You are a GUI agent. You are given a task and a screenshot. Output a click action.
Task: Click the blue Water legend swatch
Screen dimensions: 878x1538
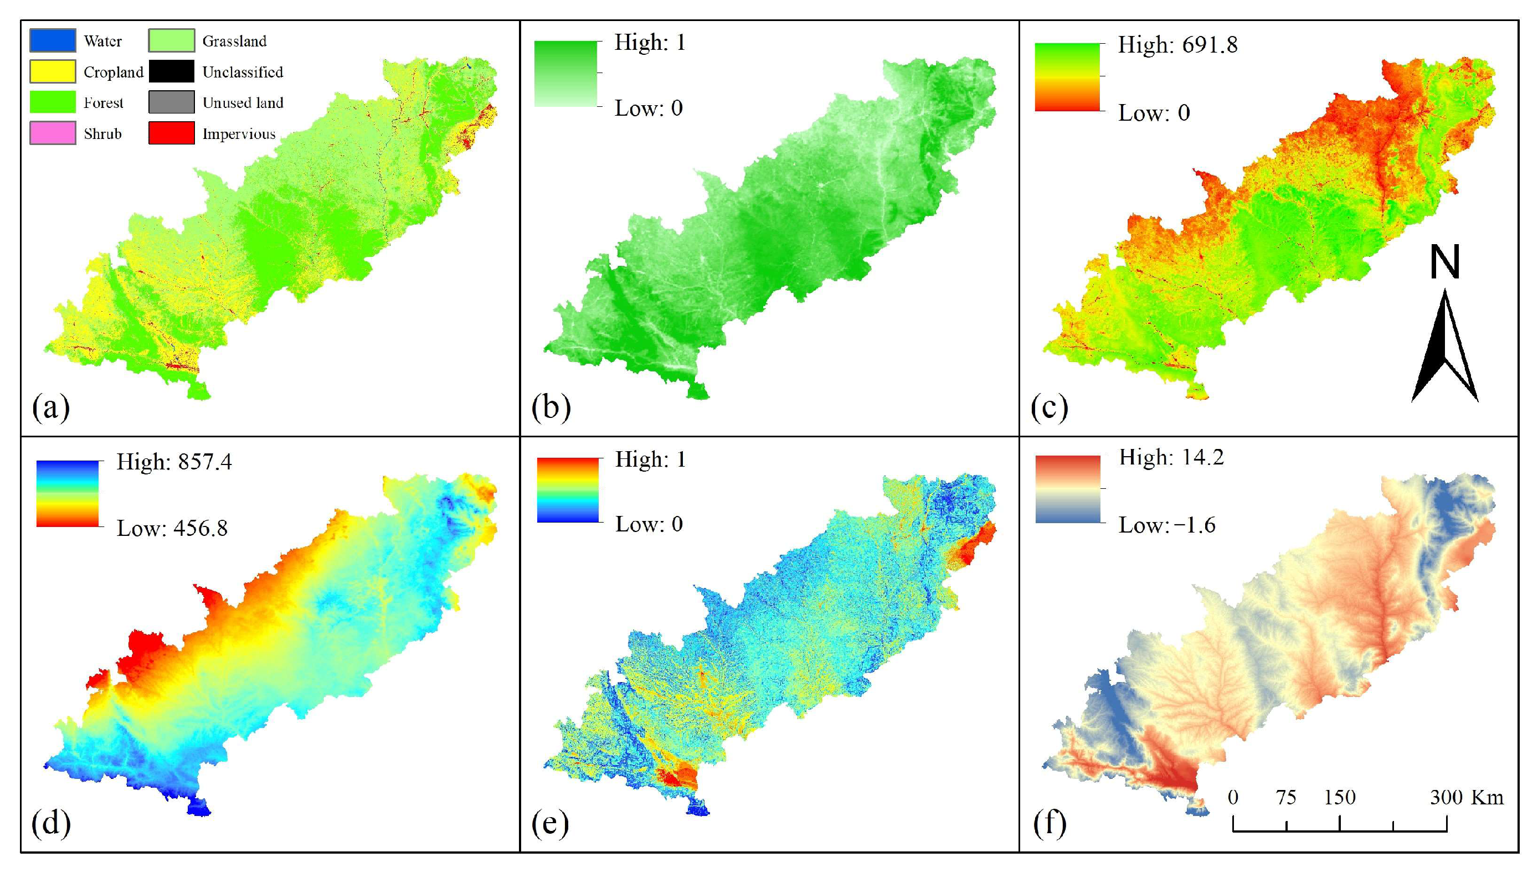click(53, 40)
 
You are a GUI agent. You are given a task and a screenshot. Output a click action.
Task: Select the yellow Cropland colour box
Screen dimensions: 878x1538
click(53, 71)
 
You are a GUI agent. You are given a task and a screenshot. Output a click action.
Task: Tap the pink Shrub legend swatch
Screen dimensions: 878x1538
click(53, 133)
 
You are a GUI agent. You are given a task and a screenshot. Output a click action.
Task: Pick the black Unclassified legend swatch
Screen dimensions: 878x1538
click(171, 71)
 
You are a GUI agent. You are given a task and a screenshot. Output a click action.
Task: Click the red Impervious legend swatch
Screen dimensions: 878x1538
click(171, 133)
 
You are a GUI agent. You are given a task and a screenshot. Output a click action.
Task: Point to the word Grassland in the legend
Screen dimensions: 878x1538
click(234, 41)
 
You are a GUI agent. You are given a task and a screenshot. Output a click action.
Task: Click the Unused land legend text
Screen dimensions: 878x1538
click(243, 102)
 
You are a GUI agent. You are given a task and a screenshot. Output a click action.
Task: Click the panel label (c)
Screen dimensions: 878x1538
click(1049, 407)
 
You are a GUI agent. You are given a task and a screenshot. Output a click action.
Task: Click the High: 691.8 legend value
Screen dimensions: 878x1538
click(1177, 45)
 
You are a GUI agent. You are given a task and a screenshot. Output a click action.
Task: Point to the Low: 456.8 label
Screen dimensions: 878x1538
click(172, 528)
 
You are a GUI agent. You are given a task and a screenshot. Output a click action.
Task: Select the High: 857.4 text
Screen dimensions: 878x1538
click(174, 462)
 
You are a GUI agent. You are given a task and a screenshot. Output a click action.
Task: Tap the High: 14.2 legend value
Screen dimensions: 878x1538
click(1171, 457)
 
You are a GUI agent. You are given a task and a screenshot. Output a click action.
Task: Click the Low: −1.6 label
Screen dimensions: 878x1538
click(1166, 525)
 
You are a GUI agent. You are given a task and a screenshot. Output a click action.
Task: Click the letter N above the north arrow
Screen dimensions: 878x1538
click(1444, 262)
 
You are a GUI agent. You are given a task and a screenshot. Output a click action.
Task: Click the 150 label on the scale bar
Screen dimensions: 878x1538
click(1339, 797)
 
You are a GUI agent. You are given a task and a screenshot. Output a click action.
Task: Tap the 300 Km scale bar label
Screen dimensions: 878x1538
click(1465, 797)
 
